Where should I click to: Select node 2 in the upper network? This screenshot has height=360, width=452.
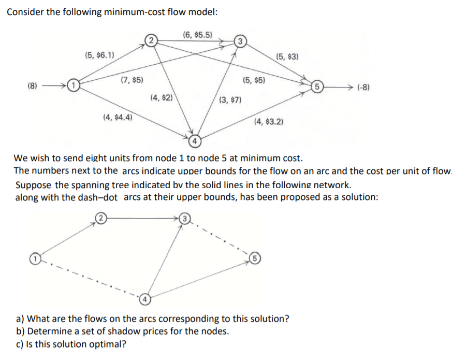(150, 39)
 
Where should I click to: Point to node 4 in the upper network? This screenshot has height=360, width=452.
(195, 140)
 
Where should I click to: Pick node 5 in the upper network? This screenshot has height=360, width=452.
(316, 86)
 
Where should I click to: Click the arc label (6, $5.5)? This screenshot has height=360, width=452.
(198, 35)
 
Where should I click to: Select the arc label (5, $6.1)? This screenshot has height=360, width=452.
(100, 54)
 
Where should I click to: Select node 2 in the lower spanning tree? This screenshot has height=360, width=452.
(98, 218)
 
